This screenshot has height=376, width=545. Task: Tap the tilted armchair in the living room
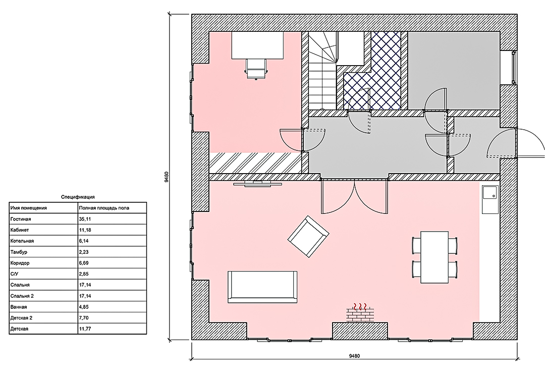(308, 236)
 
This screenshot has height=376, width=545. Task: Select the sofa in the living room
(262, 287)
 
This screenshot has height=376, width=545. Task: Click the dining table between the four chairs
(434, 257)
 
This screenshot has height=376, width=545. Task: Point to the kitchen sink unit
(490, 199)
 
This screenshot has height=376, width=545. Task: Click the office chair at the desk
(256, 69)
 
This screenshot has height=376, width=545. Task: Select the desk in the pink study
(257, 45)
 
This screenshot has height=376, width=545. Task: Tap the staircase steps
(322, 71)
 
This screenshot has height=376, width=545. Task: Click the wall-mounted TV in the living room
(257, 183)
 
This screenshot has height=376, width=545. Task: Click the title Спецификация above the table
(78, 197)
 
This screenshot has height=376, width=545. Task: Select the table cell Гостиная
(21, 219)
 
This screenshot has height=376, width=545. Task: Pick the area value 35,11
(85, 219)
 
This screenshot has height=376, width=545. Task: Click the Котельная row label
(22, 241)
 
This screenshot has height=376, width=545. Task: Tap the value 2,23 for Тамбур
(84, 252)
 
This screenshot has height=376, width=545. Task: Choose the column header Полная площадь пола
(104, 208)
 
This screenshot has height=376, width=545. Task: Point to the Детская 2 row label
(22, 318)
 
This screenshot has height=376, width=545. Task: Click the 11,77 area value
(85, 329)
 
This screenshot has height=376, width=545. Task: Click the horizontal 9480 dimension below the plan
(354, 356)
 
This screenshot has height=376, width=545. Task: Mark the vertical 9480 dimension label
(167, 177)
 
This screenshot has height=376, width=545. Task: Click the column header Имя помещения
(28, 208)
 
